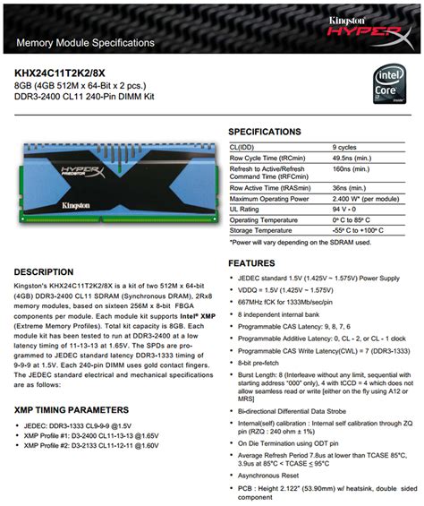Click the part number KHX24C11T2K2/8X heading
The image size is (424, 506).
point(72,71)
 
